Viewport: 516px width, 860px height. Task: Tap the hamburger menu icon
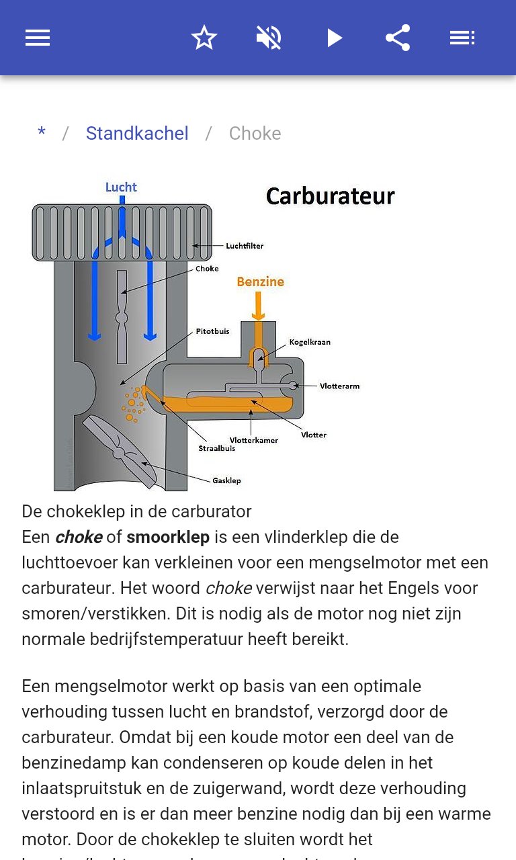click(38, 38)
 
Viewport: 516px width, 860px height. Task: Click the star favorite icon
click(204, 38)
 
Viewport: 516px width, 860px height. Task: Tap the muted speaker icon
click(269, 38)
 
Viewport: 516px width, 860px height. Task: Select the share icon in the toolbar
click(398, 38)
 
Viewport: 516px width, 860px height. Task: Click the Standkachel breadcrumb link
click(137, 133)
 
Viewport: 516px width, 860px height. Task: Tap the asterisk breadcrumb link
click(42, 133)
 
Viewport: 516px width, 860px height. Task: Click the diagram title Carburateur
click(330, 196)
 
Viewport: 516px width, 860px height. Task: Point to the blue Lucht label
click(121, 187)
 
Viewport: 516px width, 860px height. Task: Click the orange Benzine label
click(260, 282)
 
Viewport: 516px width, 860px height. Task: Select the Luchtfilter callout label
click(245, 246)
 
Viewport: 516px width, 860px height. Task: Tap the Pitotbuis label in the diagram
click(212, 331)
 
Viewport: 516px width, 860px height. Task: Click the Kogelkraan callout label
click(310, 342)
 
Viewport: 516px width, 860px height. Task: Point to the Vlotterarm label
click(339, 386)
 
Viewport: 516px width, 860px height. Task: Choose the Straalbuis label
click(216, 448)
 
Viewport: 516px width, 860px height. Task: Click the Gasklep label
click(226, 480)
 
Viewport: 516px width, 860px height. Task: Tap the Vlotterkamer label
click(253, 440)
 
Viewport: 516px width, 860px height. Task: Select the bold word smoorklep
click(168, 537)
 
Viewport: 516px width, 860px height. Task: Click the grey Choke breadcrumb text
click(255, 133)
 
